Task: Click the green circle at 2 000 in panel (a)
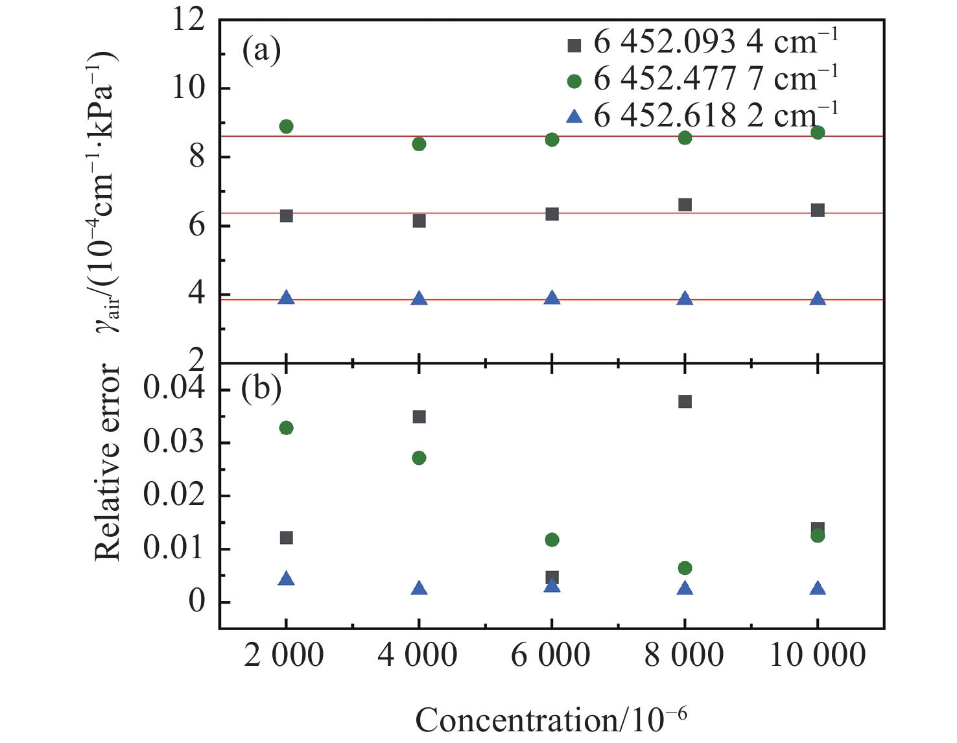click(x=286, y=126)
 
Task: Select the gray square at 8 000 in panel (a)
click(x=685, y=205)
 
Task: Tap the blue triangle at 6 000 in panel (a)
click(x=552, y=298)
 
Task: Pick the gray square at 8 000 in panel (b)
click(x=685, y=402)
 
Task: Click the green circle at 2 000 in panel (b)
click(x=286, y=428)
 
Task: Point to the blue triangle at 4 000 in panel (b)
click(x=419, y=589)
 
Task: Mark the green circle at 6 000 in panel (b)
click(x=552, y=540)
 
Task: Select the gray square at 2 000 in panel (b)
click(x=286, y=538)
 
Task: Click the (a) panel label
click(x=261, y=51)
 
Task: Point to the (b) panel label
click(x=261, y=389)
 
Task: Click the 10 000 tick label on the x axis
click(x=817, y=655)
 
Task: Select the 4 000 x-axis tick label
click(x=418, y=655)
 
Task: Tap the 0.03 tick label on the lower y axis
click(x=174, y=443)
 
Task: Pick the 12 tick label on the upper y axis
click(x=188, y=19)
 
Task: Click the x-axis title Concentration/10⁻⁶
click(x=551, y=720)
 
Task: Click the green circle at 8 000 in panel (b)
click(x=685, y=569)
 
